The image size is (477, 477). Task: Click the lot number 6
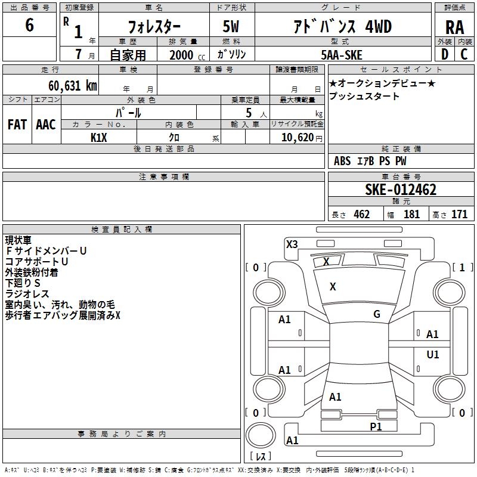(30, 26)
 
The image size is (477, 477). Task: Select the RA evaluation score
(454, 27)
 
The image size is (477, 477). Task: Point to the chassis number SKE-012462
(401, 190)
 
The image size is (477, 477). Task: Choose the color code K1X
(99, 137)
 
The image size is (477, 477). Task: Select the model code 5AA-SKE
(342, 54)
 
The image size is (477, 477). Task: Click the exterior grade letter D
(445, 54)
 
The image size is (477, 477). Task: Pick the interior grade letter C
(464, 54)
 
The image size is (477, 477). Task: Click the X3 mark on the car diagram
(292, 244)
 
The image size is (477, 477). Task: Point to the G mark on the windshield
(377, 314)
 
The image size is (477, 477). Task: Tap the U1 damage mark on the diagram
(433, 355)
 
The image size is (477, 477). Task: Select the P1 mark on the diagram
(376, 426)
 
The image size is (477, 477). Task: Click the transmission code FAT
(17, 125)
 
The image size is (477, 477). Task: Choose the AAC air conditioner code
(46, 125)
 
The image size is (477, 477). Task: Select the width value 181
(411, 215)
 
